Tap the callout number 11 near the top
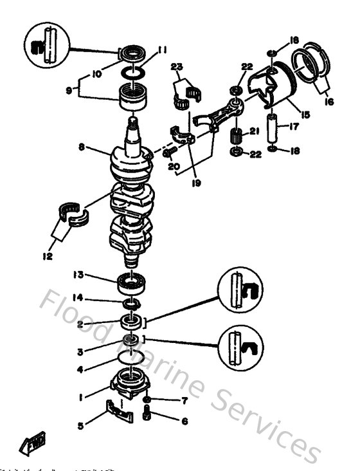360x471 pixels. click(163, 49)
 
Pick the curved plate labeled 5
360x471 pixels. click(120, 411)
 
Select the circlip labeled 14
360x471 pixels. click(131, 302)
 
